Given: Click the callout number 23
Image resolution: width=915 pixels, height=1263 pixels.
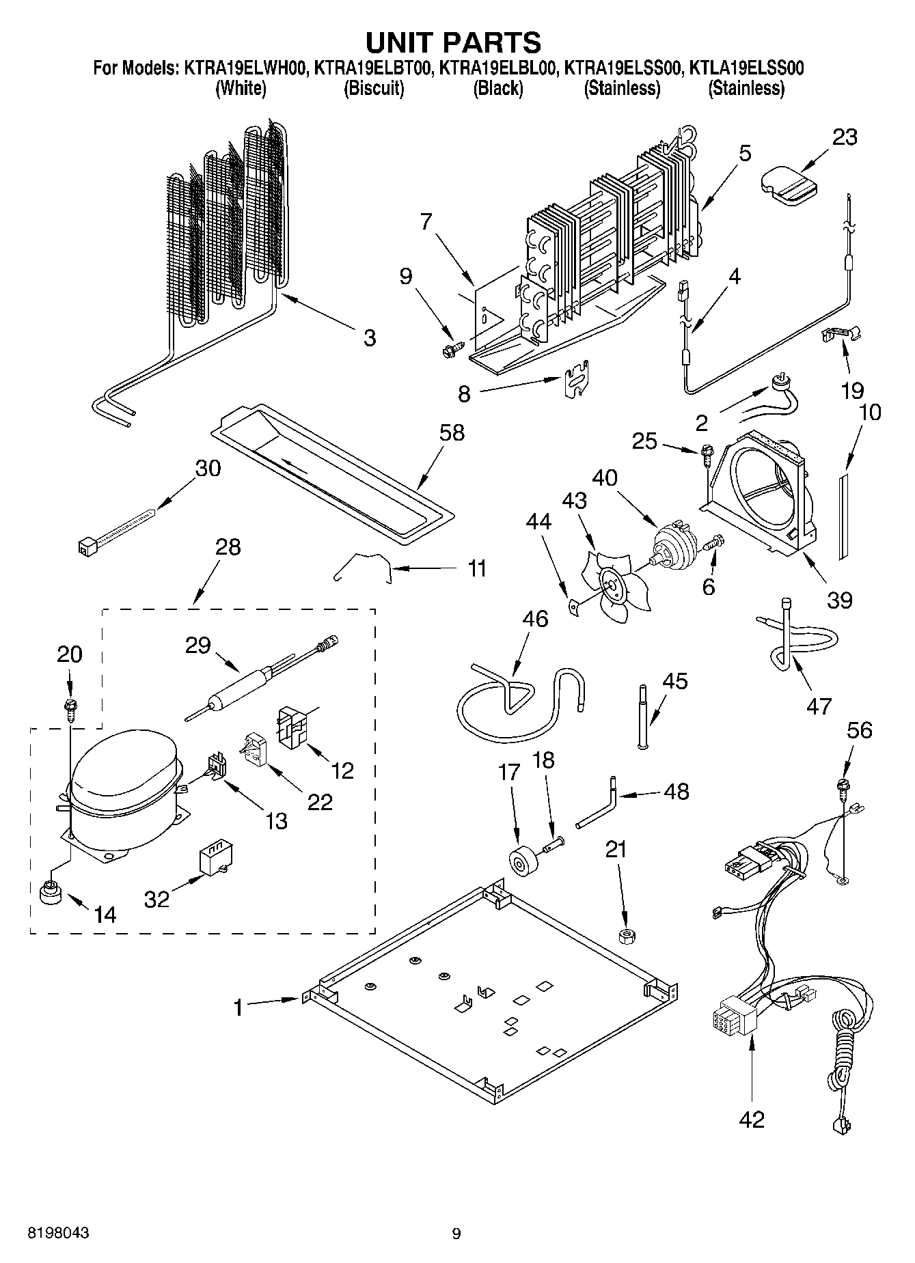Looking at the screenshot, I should (845, 137).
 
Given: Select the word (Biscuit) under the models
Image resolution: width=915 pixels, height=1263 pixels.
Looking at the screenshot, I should (374, 88).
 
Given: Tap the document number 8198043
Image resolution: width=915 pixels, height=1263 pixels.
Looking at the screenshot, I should (58, 1233).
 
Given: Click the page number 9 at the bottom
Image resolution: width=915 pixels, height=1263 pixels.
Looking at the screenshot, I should (456, 1234).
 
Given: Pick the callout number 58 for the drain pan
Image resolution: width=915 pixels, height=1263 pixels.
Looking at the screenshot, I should (452, 432).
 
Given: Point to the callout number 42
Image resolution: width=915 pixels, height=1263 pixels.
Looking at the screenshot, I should (752, 1119).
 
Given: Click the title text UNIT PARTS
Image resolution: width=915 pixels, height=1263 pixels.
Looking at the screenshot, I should (454, 42).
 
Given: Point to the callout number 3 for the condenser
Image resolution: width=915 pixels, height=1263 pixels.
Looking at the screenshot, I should (369, 337).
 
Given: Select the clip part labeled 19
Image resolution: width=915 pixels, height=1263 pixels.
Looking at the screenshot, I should (839, 335).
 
